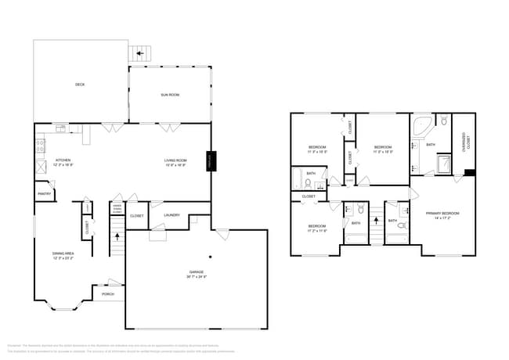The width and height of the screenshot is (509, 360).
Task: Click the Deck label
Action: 80,85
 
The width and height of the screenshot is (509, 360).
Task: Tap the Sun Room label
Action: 170,95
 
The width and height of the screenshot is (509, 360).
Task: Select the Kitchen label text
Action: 63,164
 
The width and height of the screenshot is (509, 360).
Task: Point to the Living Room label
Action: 175,164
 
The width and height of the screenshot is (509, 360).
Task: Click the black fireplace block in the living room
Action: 210,160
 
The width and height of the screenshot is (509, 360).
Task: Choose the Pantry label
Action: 43,193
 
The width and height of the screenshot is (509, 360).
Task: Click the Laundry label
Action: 172,214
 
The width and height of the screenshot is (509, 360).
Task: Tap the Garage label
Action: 196,274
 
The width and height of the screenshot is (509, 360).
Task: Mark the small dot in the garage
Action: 210,257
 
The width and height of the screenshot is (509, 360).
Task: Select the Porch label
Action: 107,294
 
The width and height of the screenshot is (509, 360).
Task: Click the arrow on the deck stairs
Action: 140,53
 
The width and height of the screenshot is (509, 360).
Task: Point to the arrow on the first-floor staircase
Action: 117,235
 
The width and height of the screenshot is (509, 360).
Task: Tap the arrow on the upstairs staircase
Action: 375,221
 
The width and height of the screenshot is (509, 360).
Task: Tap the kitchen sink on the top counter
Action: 61,128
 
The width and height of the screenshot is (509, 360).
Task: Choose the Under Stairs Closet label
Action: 117,209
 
